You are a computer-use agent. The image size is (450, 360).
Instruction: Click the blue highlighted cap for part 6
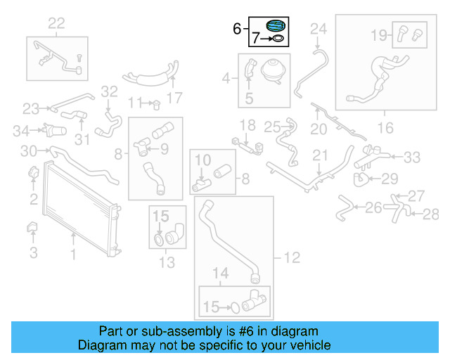click(276, 27)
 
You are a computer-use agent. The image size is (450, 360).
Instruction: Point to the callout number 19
click(378, 34)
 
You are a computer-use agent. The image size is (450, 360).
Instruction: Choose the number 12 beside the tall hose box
click(291, 258)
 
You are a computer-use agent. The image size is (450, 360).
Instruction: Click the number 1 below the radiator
click(72, 250)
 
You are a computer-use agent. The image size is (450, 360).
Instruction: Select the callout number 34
click(22, 130)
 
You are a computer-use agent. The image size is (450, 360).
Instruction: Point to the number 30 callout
click(29, 150)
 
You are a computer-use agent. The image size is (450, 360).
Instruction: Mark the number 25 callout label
click(272, 127)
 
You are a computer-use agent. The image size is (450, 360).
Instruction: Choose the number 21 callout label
click(321, 155)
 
